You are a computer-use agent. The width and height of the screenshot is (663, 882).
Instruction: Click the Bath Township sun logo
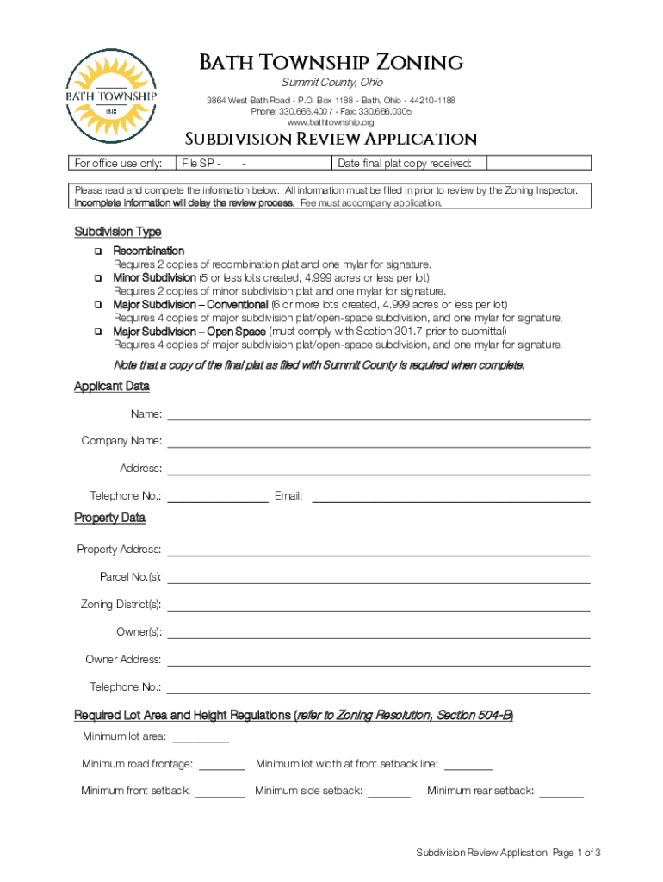(112, 96)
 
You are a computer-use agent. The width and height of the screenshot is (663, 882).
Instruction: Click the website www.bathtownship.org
(331, 122)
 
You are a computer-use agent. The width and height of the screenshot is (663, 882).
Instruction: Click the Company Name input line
(378, 442)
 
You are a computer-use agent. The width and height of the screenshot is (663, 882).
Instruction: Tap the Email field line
(450, 496)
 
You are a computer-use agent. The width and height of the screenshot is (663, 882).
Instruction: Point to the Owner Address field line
(378, 660)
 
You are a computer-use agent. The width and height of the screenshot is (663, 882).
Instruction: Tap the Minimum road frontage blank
(222, 764)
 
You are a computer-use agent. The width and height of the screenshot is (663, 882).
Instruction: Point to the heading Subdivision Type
(117, 233)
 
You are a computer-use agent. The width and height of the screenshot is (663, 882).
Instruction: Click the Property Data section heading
(109, 518)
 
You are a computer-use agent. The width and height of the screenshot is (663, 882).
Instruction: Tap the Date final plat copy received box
(538, 164)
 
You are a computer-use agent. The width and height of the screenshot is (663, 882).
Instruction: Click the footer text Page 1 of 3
(508, 853)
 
